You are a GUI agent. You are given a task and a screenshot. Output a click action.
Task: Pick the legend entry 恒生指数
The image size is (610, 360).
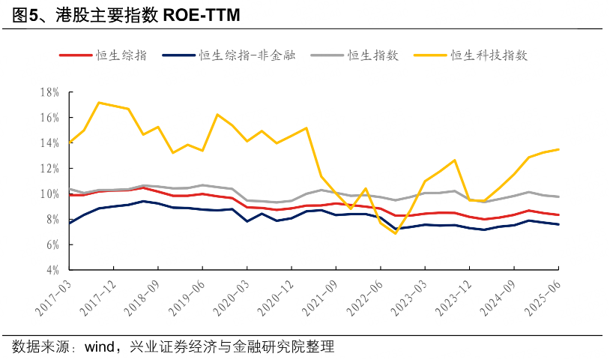pyautogui.click(x=372, y=55)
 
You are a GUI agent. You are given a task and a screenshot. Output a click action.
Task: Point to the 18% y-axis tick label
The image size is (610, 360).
pyautogui.click(x=49, y=92)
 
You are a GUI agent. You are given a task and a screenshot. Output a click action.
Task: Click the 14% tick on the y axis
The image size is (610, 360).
pyautogui.click(x=49, y=143)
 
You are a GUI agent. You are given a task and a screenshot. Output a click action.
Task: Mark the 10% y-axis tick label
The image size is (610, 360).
pyautogui.click(x=49, y=194)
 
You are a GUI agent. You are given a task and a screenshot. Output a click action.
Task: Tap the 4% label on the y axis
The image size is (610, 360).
pyautogui.click(x=52, y=270)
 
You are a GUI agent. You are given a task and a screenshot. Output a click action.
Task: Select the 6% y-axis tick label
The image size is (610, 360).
pyautogui.click(x=52, y=244)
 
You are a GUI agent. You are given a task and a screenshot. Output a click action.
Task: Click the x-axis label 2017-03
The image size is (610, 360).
pyautogui.click(x=52, y=296)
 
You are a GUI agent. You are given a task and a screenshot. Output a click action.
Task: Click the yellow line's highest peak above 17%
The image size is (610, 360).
pyautogui.click(x=98, y=103)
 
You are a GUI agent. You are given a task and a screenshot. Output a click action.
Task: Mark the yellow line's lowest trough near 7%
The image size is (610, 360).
pyautogui.click(x=395, y=233)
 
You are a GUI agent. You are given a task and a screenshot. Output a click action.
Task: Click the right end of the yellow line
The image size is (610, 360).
pyautogui.click(x=559, y=149)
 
